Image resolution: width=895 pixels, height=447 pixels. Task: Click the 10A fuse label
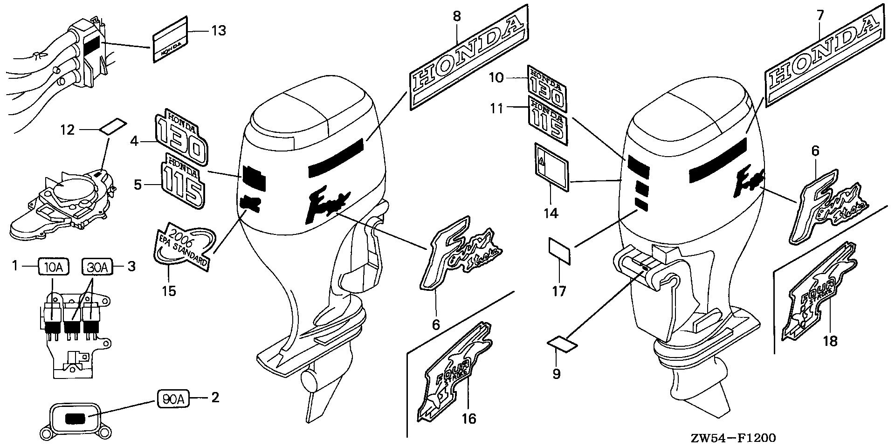pos(54,267)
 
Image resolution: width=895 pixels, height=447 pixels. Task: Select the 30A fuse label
pos(97,267)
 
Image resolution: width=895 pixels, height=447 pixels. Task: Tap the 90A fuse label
pos(172,398)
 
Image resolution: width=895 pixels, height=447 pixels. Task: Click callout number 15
pos(169,291)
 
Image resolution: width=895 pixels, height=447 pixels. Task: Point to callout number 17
pos(559,291)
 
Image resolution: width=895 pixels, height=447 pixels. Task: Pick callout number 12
pos(68,129)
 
